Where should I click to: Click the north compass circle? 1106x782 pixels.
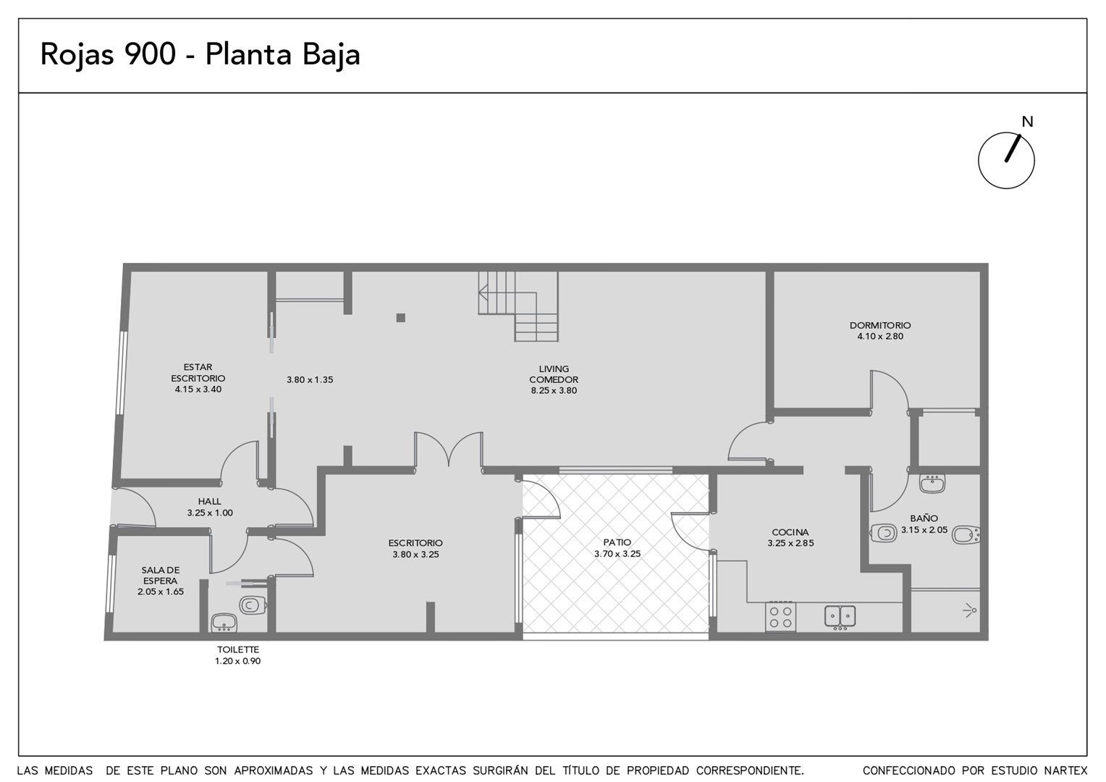(979, 161)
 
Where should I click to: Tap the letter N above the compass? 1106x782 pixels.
(1028, 122)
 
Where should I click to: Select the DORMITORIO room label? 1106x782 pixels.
(880, 325)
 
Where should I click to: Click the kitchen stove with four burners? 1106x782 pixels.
(780, 616)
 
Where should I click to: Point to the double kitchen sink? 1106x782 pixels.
(840, 616)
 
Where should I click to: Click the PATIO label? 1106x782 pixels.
(617, 542)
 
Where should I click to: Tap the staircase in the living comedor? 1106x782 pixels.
(518, 306)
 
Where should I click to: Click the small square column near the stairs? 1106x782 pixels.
(401, 318)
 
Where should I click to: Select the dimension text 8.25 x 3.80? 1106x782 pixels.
(554, 390)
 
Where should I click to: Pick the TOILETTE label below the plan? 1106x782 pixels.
(238, 649)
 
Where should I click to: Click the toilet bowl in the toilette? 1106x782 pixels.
(253, 604)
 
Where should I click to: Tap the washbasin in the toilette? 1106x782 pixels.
(224, 623)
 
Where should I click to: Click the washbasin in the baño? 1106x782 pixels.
(932, 484)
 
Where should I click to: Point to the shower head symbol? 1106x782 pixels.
(970, 610)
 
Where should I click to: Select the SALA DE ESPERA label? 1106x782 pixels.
(161, 576)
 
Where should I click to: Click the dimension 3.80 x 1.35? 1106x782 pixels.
(310, 379)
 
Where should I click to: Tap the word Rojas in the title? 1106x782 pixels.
(77, 55)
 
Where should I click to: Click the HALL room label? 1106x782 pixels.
(210, 501)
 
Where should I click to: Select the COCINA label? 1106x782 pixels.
(790, 532)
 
